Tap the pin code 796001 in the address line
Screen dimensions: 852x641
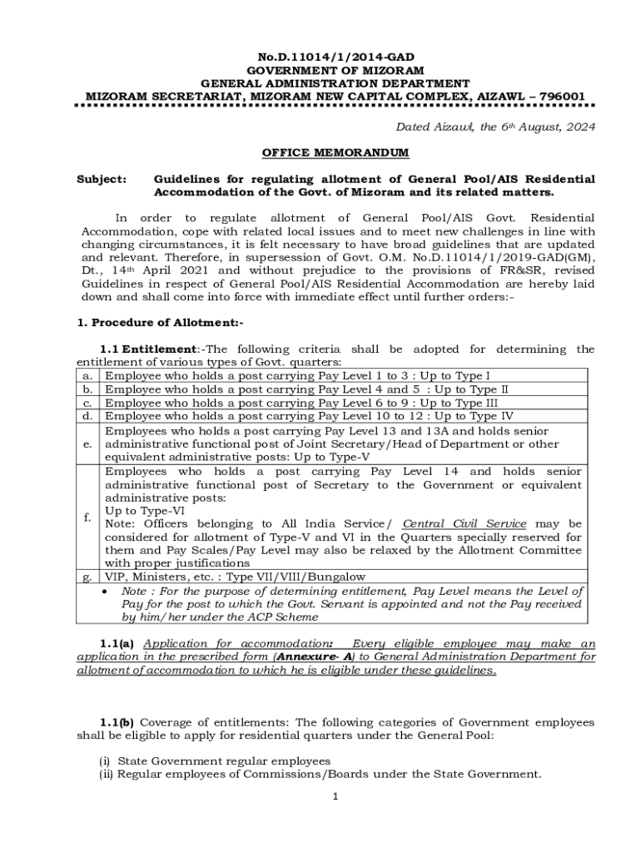pyautogui.click(x=561, y=97)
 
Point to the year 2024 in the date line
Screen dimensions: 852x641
pyautogui.click(x=577, y=127)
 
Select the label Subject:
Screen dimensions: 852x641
pyautogui.click(x=102, y=179)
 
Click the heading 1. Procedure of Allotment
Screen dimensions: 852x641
pyautogui.click(x=160, y=323)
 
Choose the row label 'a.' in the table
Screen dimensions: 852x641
pyautogui.click(x=87, y=376)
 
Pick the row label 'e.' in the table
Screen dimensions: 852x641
pyautogui.click(x=87, y=444)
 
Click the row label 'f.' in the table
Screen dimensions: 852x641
pyautogui.click(x=87, y=518)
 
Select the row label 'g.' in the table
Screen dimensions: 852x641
pyautogui.click(x=87, y=577)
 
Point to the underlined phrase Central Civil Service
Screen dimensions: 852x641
pyautogui.click(x=465, y=523)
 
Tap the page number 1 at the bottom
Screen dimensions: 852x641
pyautogui.click(x=335, y=797)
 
